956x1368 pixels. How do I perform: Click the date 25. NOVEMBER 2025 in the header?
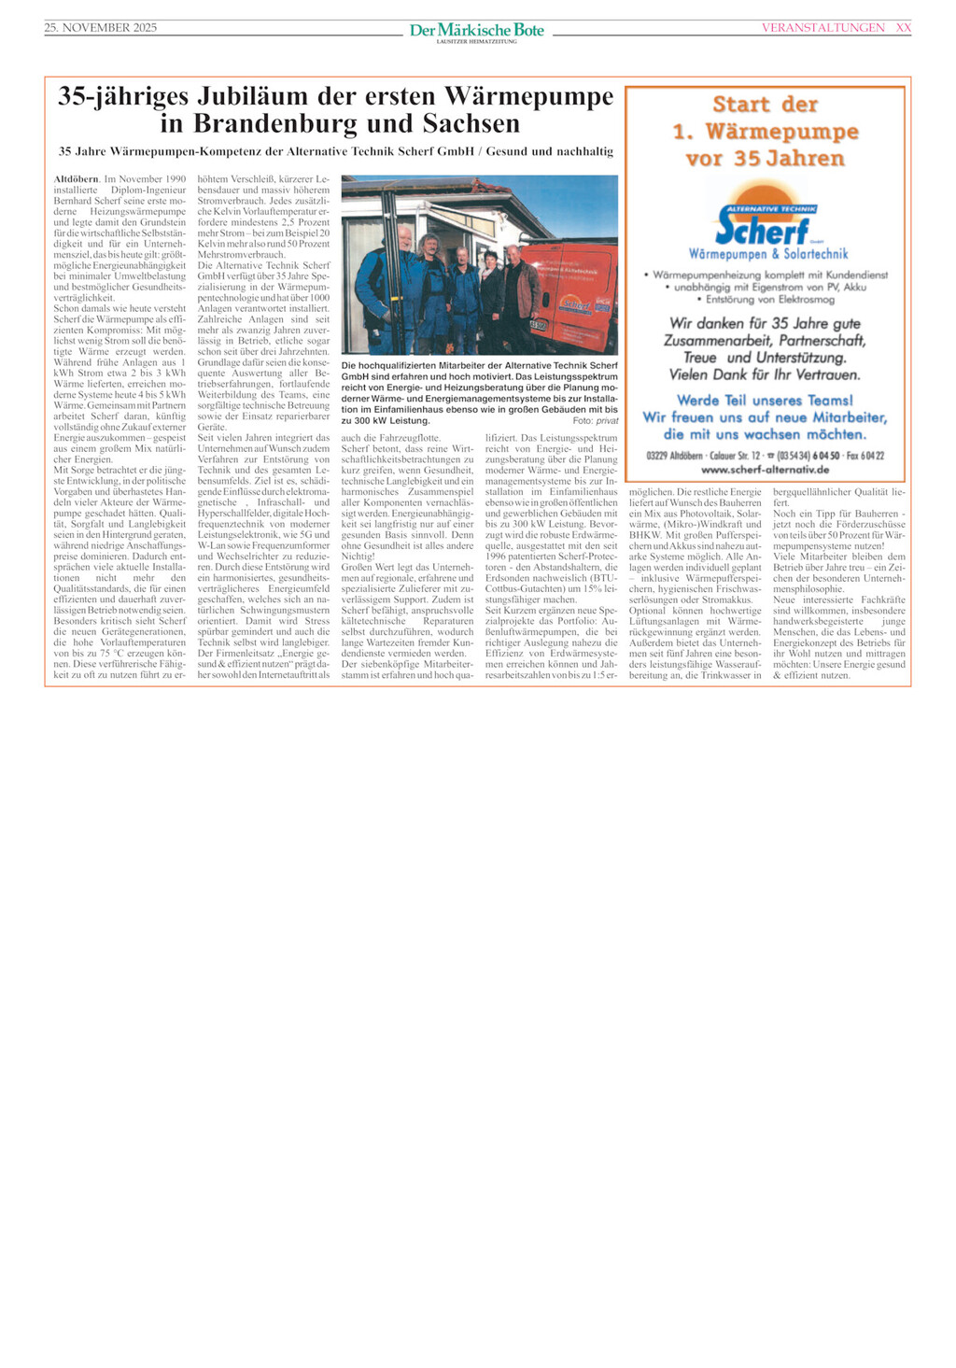point(101,28)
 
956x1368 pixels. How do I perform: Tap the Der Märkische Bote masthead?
point(477,31)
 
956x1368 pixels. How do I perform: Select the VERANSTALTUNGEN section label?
point(822,28)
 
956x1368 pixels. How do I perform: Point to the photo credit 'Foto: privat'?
point(595,421)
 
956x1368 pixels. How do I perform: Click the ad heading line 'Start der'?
point(765,105)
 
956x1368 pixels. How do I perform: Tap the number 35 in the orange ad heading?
point(747,159)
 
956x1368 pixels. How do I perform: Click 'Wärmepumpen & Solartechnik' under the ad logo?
point(767,254)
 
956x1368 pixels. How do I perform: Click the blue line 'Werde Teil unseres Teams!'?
point(765,401)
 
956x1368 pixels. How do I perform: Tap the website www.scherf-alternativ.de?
point(765,470)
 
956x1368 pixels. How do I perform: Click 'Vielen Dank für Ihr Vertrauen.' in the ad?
point(765,374)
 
